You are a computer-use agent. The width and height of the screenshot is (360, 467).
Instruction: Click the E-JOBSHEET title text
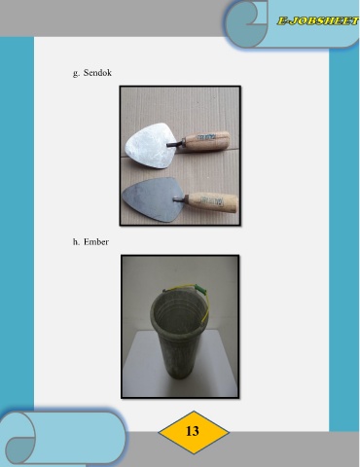(318, 21)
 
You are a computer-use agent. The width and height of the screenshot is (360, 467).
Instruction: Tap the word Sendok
(97, 73)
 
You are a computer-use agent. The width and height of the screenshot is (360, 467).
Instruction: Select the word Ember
(96, 242)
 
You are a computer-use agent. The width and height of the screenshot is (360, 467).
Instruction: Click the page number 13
(193, 431)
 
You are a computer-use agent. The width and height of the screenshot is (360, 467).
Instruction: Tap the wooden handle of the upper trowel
(206, 141)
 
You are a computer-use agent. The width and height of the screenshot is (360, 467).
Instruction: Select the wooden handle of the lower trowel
(213, 202)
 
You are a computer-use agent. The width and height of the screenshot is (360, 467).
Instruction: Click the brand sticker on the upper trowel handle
(205, 136)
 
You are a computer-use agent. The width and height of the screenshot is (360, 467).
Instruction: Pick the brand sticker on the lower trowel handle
(211, 200)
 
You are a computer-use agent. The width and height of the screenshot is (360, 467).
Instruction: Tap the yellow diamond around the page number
(194, 432)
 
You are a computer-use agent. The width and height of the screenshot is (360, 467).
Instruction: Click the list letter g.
(76, 73)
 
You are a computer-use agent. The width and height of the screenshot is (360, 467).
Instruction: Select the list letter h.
(76, 242)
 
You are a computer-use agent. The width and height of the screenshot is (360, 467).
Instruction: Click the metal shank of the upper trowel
(175, 144)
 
